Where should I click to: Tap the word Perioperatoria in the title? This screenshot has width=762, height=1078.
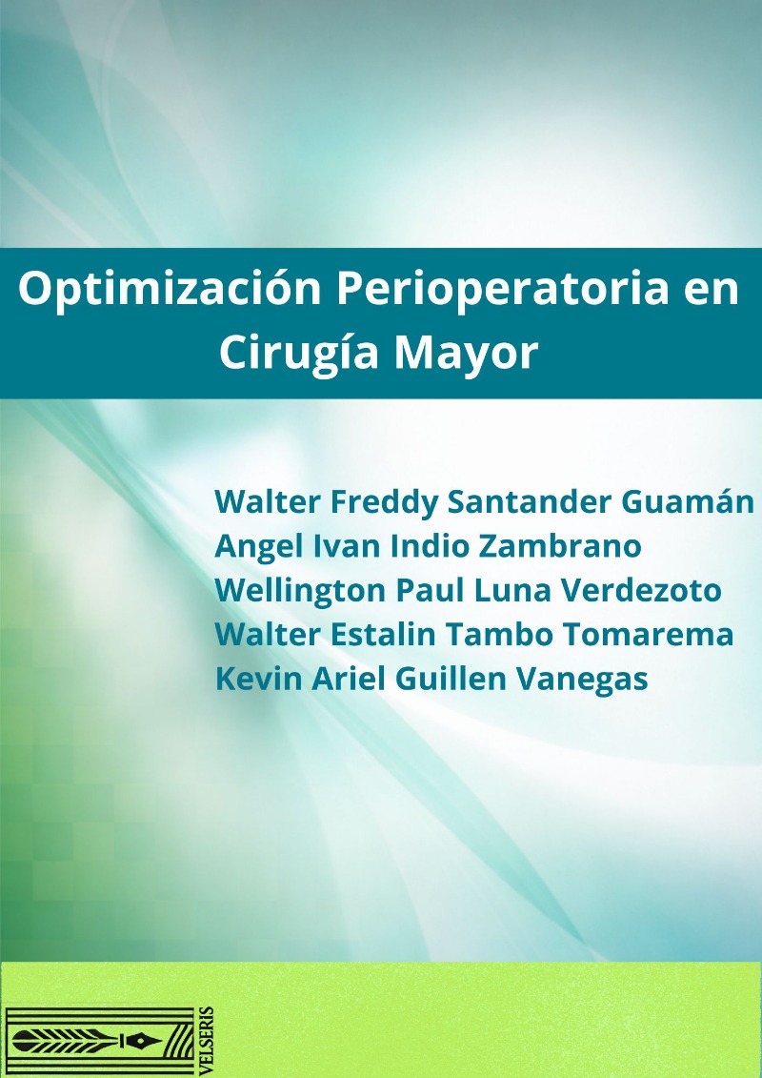point(502,290)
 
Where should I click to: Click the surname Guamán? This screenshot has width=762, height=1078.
point(688,501)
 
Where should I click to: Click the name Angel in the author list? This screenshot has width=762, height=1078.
point(258,547)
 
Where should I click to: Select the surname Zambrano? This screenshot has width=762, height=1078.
point(560,546)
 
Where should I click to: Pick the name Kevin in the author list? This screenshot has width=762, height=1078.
point(258,679)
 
